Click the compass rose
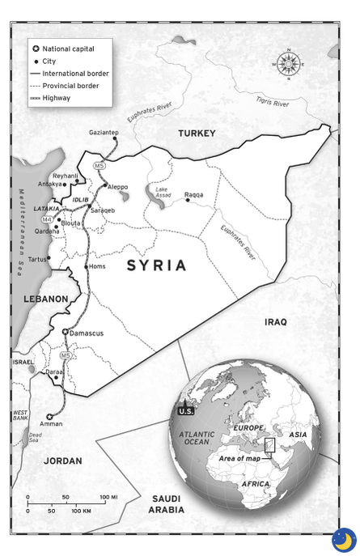(x=289, y=63)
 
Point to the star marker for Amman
(x=49, y=416)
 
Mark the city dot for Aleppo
(x=105, y=185)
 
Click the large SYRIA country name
(x=156, y=265)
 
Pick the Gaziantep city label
(x=104, y=132)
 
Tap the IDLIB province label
(x=81, y=198)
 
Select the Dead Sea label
(x=34, y=437)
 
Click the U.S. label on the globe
(x=186, y=411)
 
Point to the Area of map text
(x=242, y=458)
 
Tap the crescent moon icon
(x=343, y=539)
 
